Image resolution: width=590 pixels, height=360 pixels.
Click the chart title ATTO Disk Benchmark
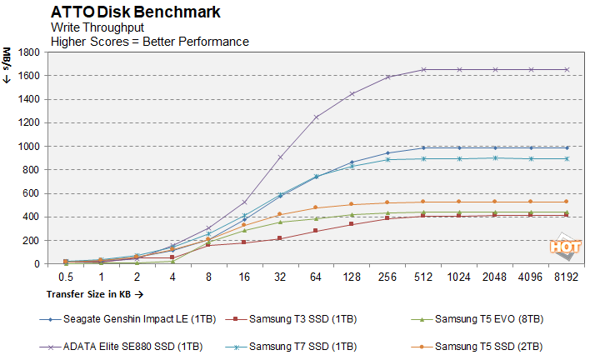coord(136,12)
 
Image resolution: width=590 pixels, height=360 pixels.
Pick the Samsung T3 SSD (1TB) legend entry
coord(297,318)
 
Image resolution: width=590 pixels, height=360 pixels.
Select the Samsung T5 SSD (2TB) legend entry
coord(486,346)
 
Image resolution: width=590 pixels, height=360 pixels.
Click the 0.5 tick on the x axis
coord(66,276)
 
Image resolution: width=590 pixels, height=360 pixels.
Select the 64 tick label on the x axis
coord(316,276)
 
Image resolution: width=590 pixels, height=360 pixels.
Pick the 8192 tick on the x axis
coord(567,276)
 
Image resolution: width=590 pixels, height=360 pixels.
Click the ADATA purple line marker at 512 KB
coord(423,70)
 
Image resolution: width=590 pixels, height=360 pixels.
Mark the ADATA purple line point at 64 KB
coord(316,117)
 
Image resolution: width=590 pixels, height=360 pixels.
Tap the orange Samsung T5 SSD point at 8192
coord(567,202)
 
